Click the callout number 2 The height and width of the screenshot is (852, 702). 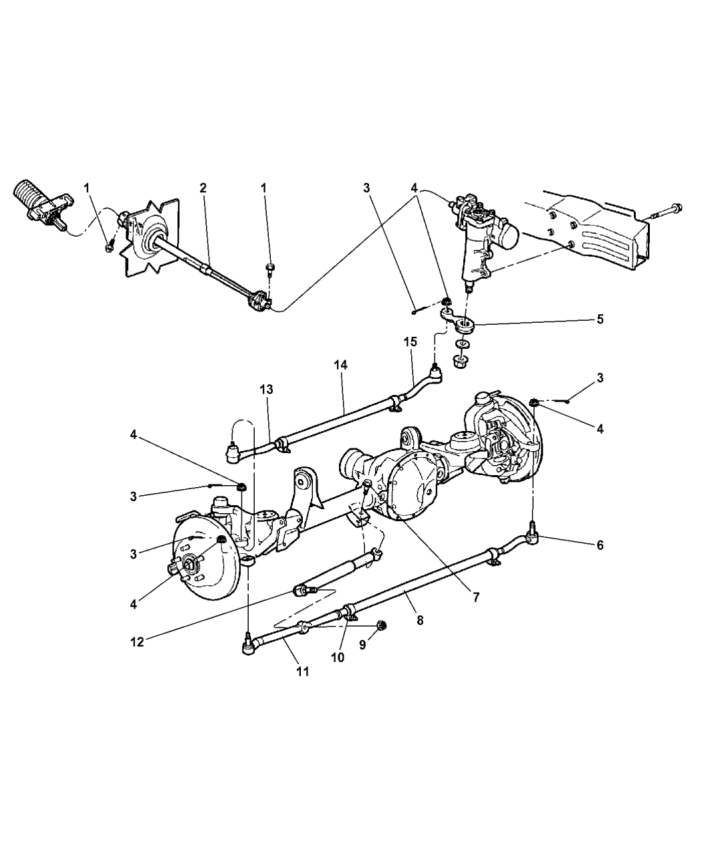tap(202, 188)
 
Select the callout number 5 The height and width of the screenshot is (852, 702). tap(600, 319)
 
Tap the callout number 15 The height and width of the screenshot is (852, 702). tap(410, 341)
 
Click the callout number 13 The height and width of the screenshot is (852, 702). tap(267, 389)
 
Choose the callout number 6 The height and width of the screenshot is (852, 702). tap(600, 545)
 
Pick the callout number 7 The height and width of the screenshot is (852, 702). tap(476, 598)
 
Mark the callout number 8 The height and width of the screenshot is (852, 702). tap(419, 619)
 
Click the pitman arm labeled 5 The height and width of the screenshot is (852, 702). tap(462, 326)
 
